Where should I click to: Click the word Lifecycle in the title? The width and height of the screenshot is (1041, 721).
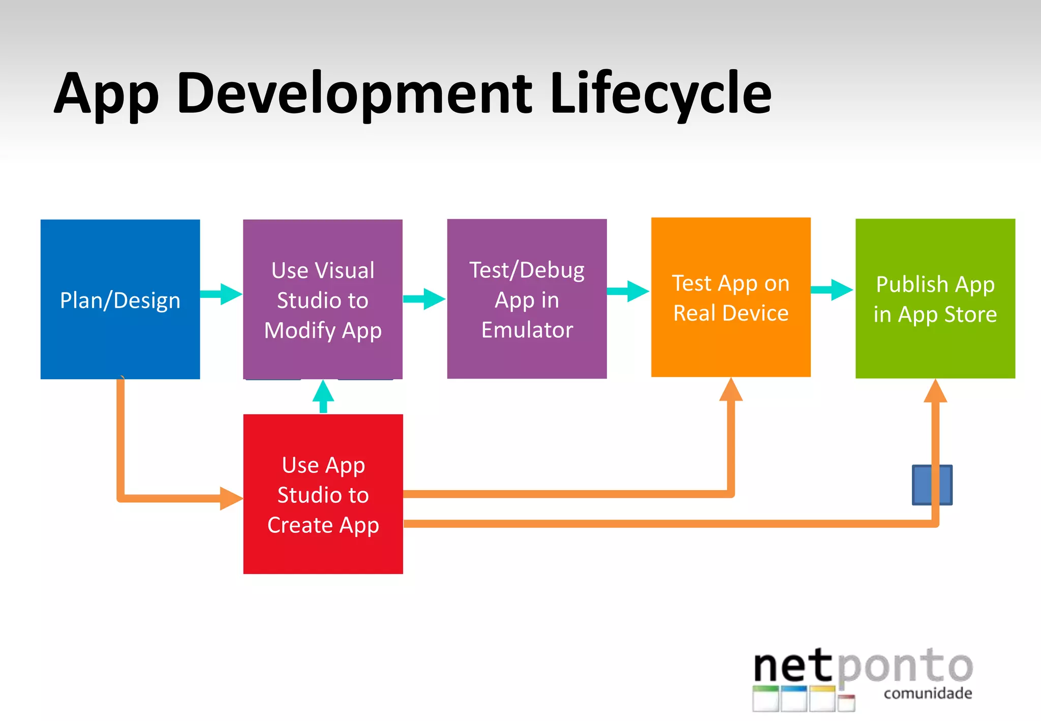(x=661, y=94)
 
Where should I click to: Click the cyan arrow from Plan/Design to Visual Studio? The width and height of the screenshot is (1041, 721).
(x=222, y=294)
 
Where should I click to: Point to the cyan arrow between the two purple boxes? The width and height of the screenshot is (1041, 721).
(x=425, y=298)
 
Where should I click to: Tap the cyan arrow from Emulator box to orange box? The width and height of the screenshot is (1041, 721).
(x=629, y=291)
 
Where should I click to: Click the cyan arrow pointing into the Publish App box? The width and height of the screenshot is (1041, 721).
(x=832, y=290)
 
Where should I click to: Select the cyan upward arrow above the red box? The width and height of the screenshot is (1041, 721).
(x=323, y=396)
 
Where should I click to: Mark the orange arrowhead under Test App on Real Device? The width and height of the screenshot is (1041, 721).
(x=731, y=390)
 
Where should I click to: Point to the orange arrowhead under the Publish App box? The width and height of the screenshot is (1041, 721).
(x=935, y=392)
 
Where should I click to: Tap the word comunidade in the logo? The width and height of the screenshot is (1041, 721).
(x=928, y=694)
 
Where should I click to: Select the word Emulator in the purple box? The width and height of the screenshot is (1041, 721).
(x=527, y=330)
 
